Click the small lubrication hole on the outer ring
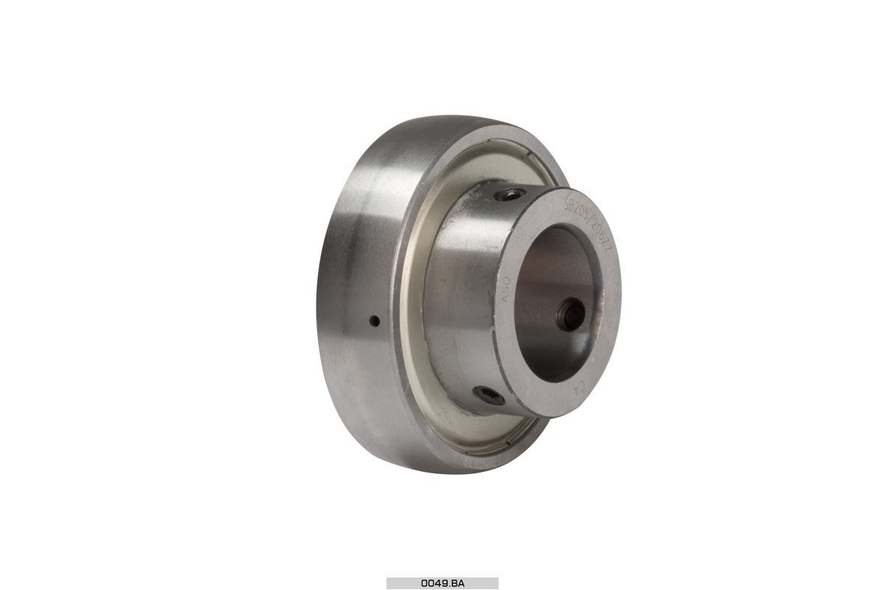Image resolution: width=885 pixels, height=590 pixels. [x=374, y=321]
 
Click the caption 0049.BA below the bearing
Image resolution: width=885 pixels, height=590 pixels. [x=442, y=583]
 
